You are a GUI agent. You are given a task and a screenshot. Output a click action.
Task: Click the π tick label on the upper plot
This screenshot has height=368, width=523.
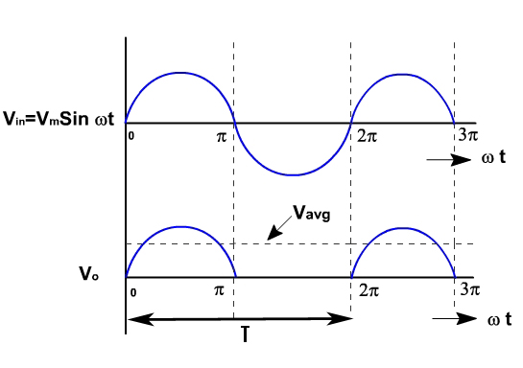pyautogui.click(x=222, y=137)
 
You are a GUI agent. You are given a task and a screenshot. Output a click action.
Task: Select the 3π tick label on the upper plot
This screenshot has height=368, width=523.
pyautogui.click(x=467, y=136)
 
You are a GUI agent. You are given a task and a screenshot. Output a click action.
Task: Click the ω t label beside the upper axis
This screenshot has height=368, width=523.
pyautogui.click(x=494, y=156)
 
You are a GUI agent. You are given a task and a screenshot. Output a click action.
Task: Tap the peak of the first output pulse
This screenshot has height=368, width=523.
pyautogui.click(x=179, y=226)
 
